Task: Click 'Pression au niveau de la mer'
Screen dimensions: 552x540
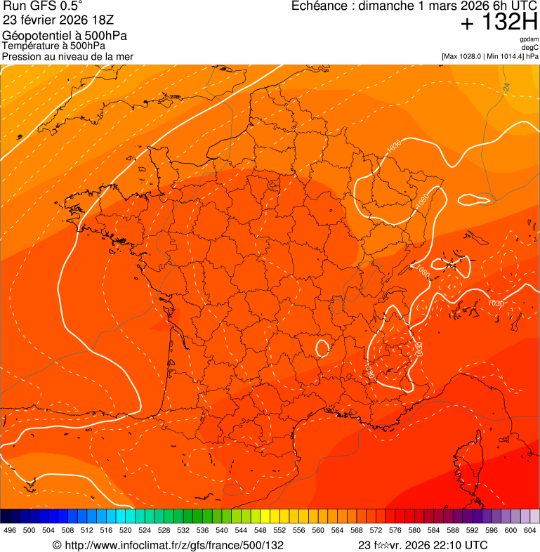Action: [67, 56]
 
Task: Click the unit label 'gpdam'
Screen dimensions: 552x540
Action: [529, 39]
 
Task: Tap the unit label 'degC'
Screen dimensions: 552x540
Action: [531, 48]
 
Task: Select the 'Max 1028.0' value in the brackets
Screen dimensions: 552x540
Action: [465, 56]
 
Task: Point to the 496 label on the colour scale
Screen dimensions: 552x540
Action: [10, 531]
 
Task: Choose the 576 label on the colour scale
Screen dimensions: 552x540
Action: [395, 531]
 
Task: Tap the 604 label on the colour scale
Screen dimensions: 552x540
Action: [530, 531]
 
